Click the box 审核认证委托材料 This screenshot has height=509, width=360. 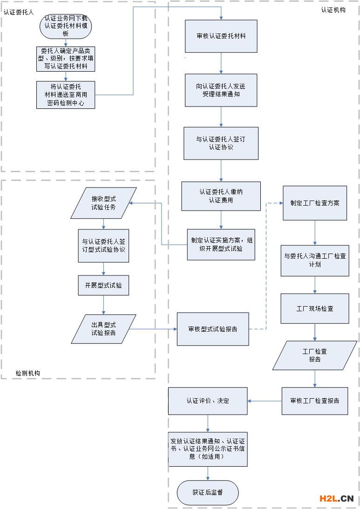coord(221,36)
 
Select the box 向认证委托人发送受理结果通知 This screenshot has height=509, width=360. coord(221,90)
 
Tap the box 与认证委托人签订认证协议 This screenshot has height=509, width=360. coord(221,143)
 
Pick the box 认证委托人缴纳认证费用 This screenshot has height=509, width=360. coord(221,196)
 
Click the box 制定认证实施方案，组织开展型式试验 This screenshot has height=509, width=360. coord(221,244)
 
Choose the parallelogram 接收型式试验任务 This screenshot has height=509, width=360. coord(103,203)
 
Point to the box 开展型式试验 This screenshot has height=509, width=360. coord(103,285)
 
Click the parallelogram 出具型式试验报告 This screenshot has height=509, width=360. coord(103,329)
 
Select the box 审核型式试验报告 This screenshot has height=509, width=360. coord(213,329)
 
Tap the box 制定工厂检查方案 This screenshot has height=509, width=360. coord(315,203)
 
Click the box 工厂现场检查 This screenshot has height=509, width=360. coord(315,308)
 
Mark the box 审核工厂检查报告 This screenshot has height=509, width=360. coord(315,401)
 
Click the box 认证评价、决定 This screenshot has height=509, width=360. coord(208,401)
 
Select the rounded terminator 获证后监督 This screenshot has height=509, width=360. coord(208,492)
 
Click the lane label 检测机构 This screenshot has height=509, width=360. coord(28,373)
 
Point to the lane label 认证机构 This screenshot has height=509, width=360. coord(333,10)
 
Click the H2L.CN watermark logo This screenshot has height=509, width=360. coord(336,499)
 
